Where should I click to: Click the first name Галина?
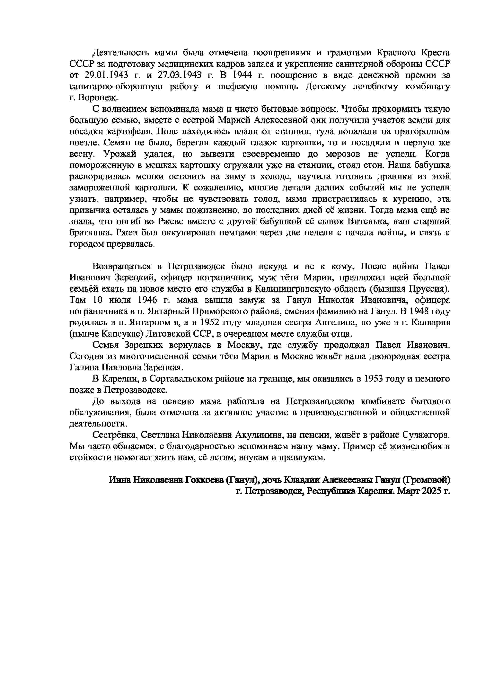pos(84,367)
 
